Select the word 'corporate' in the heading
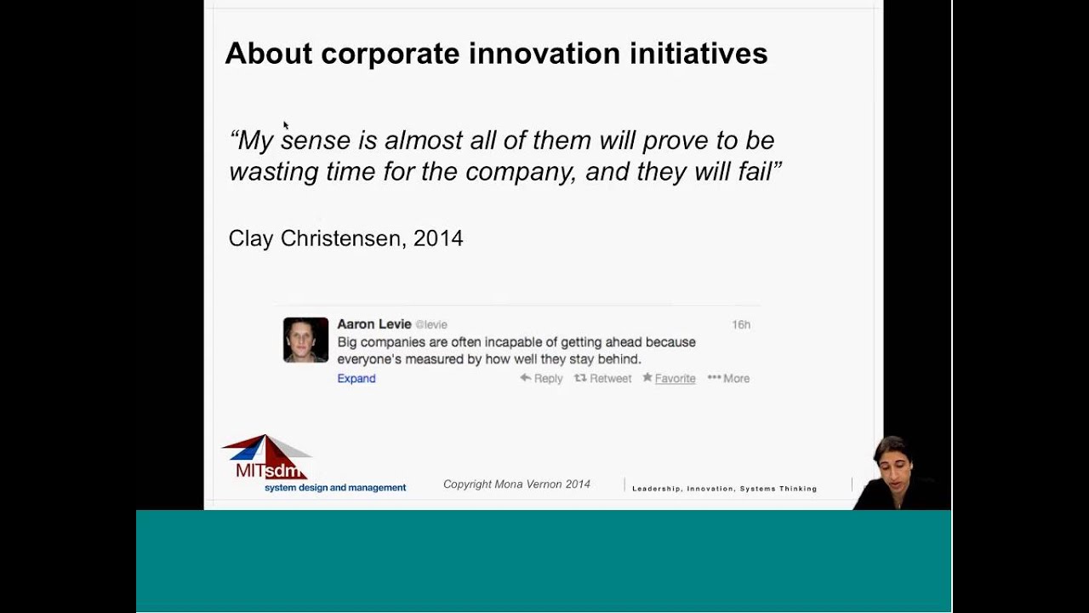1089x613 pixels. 390,54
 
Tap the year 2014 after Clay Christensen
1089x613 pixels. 438,238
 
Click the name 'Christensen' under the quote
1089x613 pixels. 343,238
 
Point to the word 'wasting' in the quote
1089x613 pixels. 273,172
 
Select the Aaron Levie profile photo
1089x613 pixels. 305,340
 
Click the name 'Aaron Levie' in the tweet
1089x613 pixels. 373,324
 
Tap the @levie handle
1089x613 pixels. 431,324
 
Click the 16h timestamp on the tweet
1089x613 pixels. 740,324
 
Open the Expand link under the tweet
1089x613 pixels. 356,379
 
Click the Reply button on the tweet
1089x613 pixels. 542,379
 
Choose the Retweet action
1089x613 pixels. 603,379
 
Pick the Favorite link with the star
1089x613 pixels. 670,379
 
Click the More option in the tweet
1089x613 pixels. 729,379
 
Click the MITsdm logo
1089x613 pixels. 267,458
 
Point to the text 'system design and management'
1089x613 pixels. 335,488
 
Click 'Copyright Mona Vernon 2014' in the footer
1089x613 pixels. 516,484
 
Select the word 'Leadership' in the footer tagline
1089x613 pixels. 657,489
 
